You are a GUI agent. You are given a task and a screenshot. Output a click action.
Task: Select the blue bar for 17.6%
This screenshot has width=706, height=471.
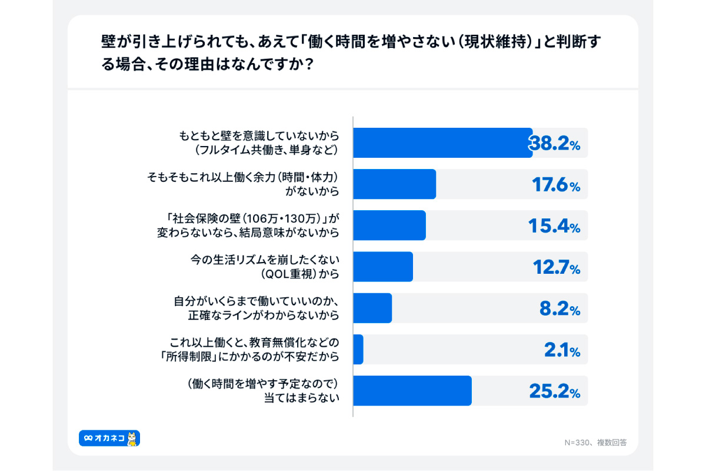pyautogui.click(x=394, y=184)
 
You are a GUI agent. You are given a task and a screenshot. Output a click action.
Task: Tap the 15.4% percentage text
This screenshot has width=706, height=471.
pyautogui.click(x=556, y=226)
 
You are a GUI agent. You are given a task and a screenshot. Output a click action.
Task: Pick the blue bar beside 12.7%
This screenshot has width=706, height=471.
pyautogui.click(x=382, y=267)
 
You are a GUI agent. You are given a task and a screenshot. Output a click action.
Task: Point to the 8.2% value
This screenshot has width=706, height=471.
pyautogui.click(x=560, y=309)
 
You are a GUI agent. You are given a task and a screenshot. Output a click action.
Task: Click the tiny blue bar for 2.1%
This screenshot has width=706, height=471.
pyautogui.click(x=358, y=350)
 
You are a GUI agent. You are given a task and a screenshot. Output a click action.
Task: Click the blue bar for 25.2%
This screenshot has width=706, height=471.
pyautogui.click(x=412, y=391)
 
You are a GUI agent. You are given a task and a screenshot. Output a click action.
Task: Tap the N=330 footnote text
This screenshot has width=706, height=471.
pyautogui.click(x=594, y=442)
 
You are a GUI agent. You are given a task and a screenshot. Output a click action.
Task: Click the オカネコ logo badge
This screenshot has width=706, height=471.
pyautogui.click(x=109, y=438)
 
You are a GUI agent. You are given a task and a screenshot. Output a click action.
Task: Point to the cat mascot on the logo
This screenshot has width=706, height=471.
pyautogui.click(x=133, y=437)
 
